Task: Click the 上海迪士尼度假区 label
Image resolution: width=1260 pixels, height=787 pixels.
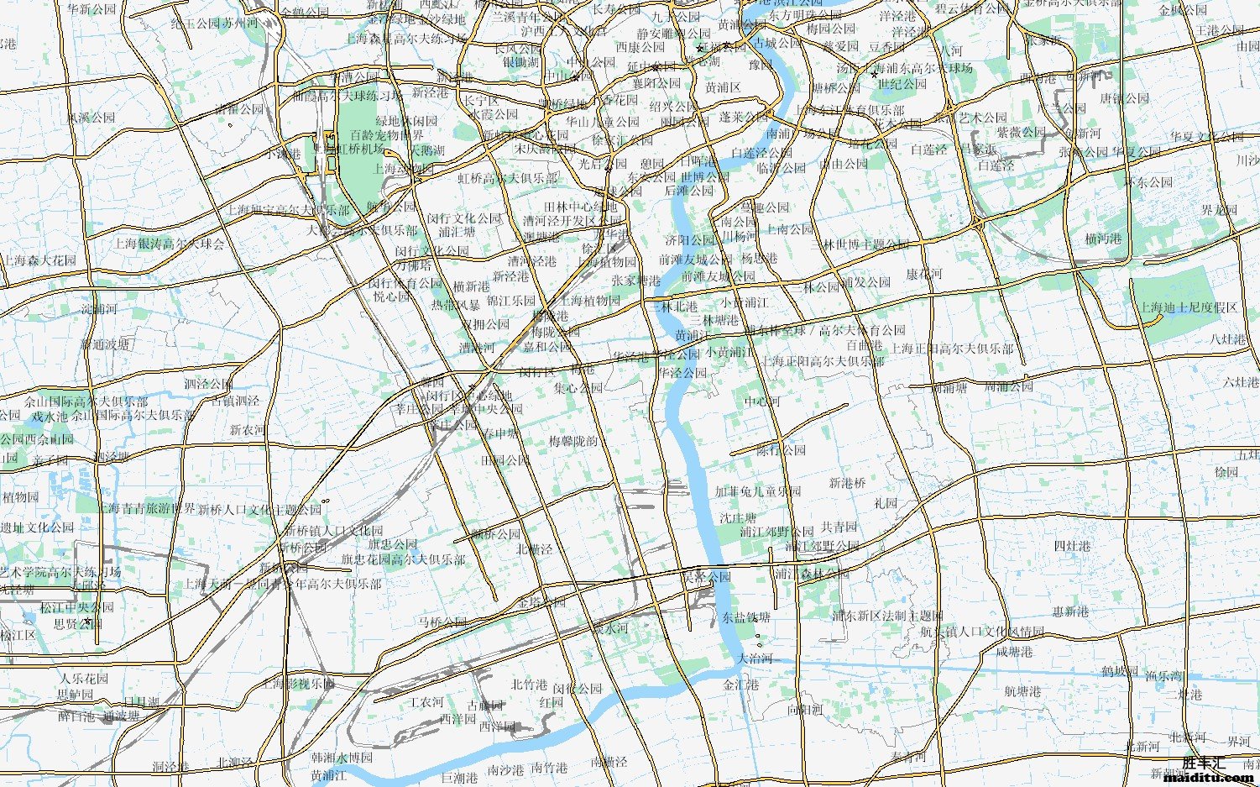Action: tap(1188, 307)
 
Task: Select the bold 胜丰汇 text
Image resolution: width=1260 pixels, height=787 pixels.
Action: tap(1204, 763)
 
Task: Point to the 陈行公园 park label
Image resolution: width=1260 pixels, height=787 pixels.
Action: tap(781, 450)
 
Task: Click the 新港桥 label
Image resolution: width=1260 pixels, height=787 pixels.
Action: tap(847, 483)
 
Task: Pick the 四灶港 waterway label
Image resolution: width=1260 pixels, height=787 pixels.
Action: tap(1072, 546)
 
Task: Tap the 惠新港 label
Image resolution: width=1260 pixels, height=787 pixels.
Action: tap(1070, 612)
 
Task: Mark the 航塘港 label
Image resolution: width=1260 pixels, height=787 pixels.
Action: tap(1022, 692)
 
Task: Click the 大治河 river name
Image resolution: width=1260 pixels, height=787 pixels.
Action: tap(755, 658)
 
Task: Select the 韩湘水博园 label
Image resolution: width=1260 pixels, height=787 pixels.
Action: tap(342, 758)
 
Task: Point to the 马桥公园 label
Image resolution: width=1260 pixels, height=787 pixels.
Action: tap(442, 622)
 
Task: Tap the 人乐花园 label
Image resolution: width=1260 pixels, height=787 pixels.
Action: tap(84, 678)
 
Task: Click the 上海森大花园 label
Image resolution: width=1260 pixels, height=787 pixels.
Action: tap(40, 260)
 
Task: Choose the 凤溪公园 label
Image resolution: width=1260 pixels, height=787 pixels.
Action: tap(91, 118)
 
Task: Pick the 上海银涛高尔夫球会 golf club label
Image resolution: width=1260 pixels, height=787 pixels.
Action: tap(170, 244)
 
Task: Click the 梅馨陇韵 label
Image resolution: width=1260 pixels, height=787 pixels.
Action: tap(573, 441)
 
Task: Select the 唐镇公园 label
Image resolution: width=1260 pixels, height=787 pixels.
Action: tap(1124, 98)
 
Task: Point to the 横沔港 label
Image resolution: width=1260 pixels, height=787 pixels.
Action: tap(1103, 239)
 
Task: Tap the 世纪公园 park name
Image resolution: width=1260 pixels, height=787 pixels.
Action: tap(902, 84)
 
